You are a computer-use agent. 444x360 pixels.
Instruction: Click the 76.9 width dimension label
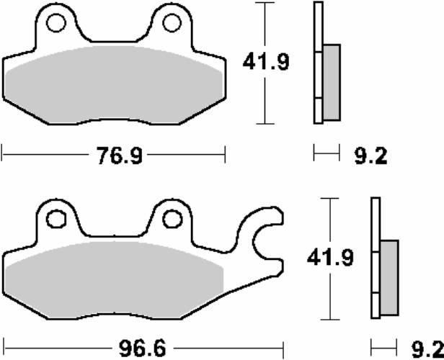pos(119,156)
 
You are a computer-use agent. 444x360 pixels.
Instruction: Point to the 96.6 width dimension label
pos(142,348)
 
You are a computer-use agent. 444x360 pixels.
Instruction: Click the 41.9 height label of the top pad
pos(266,62)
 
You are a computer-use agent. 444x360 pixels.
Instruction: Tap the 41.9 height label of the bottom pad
pos(330,257)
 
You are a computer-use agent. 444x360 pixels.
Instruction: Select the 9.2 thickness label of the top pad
pos(370,156)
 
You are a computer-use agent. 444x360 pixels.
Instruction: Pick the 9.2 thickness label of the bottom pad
pos(427,349)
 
